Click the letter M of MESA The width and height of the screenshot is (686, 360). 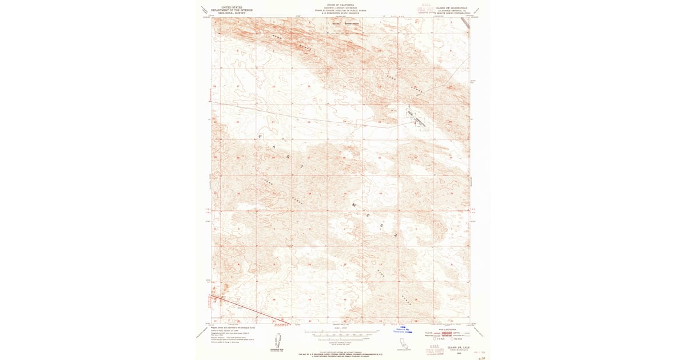tap(354, 203)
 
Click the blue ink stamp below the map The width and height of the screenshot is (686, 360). tap(404, 330)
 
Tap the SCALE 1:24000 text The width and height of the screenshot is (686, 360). tap(340, 328)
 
